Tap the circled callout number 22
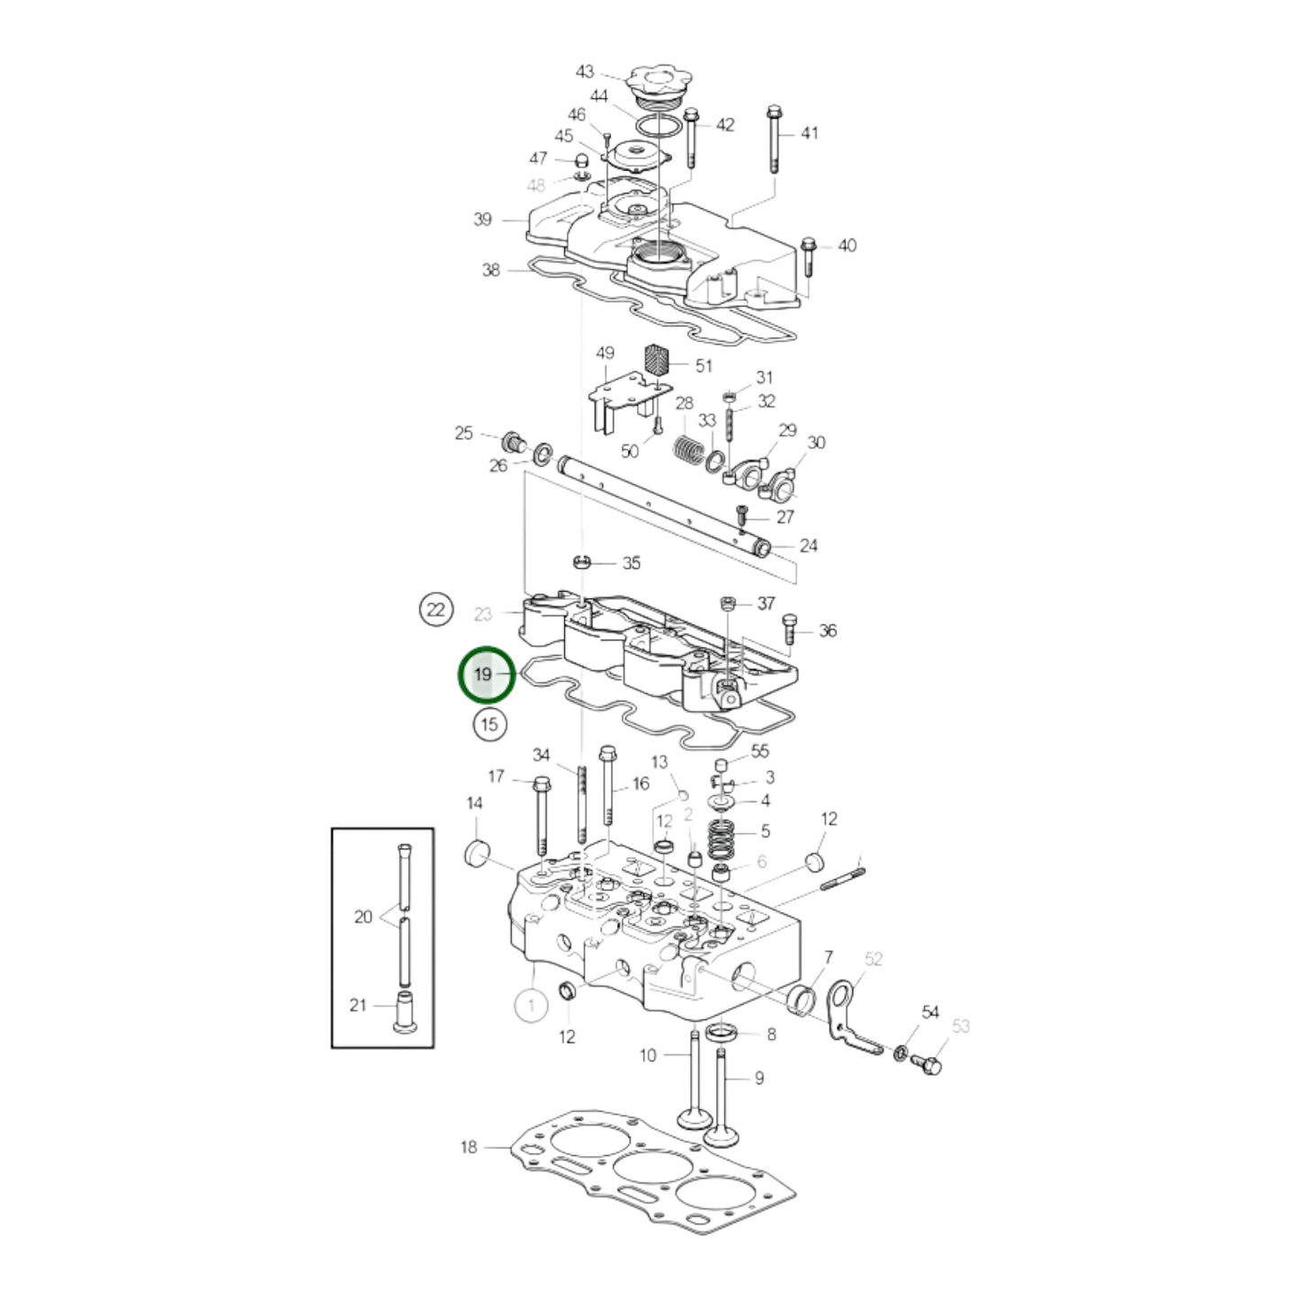coord(435,610)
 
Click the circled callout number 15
coord(489,723)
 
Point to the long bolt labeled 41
coord(774,139)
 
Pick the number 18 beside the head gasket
coord(469,1146)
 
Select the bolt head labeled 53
coord(929,1066)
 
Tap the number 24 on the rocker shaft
coord(808,545)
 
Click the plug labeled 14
coord(477,852)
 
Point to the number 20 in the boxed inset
coord(363,917)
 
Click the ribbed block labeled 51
coord(659,363)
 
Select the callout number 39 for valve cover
coord(482,220)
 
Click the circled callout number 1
coord(531,1003)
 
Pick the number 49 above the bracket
coord(605,354)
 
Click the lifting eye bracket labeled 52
coord(846,1017)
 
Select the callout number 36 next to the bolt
coord(827,631)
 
